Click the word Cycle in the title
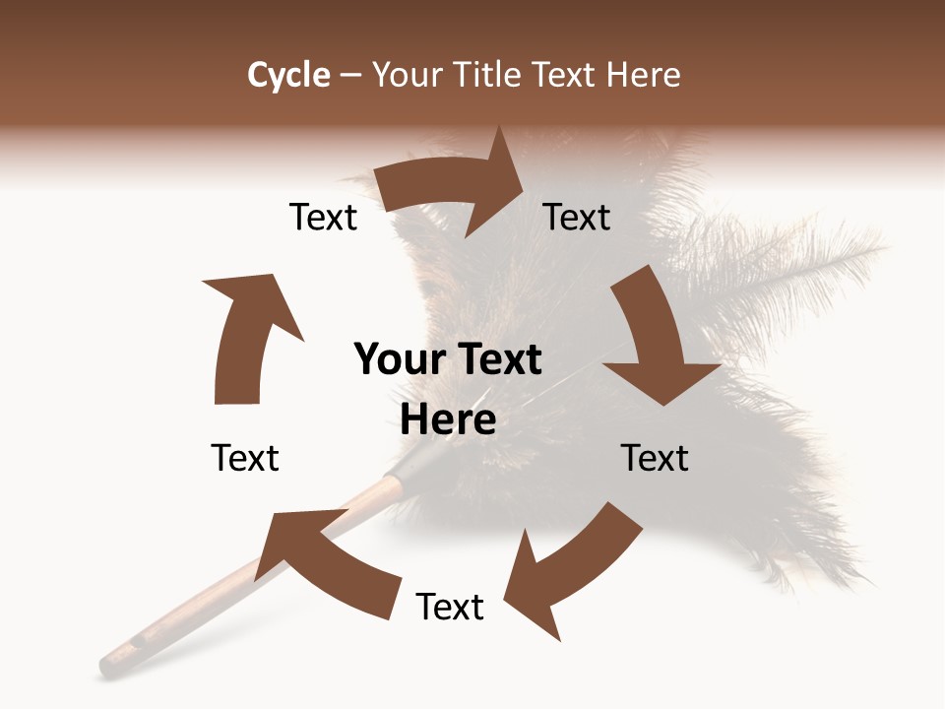tap(288, 75)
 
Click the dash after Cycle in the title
tap(351, 76)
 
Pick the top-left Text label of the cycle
tap(323, 217)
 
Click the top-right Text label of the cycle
tap(577, 217)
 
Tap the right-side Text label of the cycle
tap(655, 458)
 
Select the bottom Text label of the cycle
tap(450, 607)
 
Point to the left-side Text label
tap(245, 458)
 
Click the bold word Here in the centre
tap(448, 420)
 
